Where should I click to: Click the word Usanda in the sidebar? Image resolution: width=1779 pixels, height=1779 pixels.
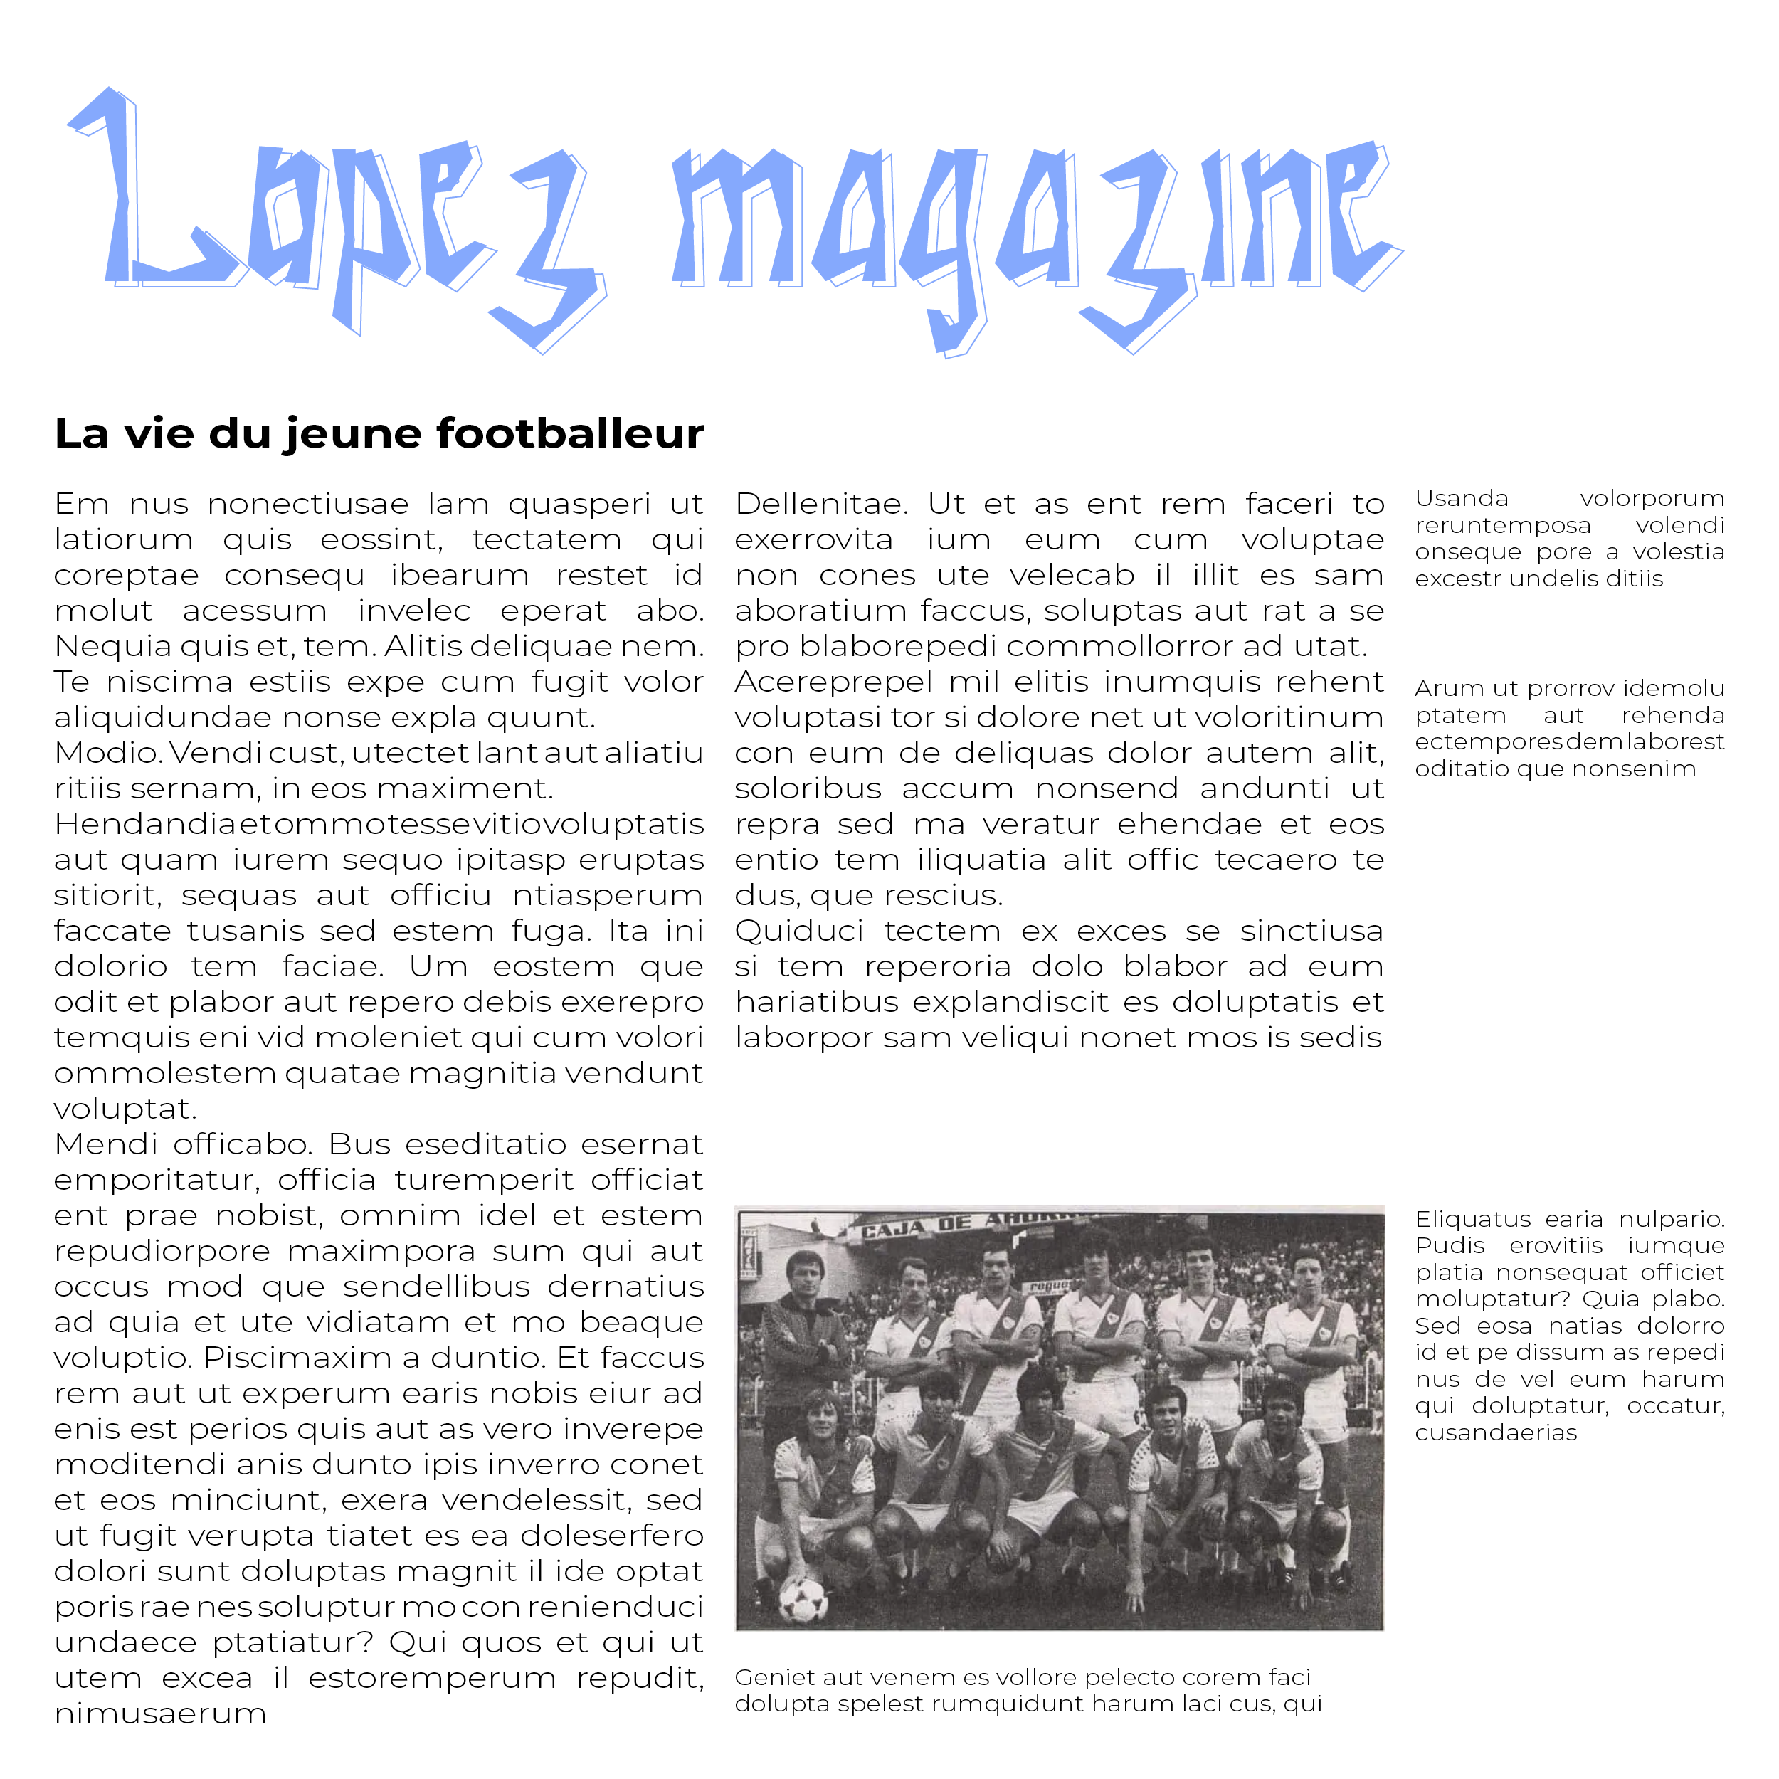tap(1462, 498)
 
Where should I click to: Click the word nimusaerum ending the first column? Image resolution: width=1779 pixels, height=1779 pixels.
tap(160, 1714)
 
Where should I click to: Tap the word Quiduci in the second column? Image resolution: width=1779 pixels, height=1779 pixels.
tap(799, 931)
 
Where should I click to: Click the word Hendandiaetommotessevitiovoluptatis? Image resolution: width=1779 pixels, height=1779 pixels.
tap(379, 824)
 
